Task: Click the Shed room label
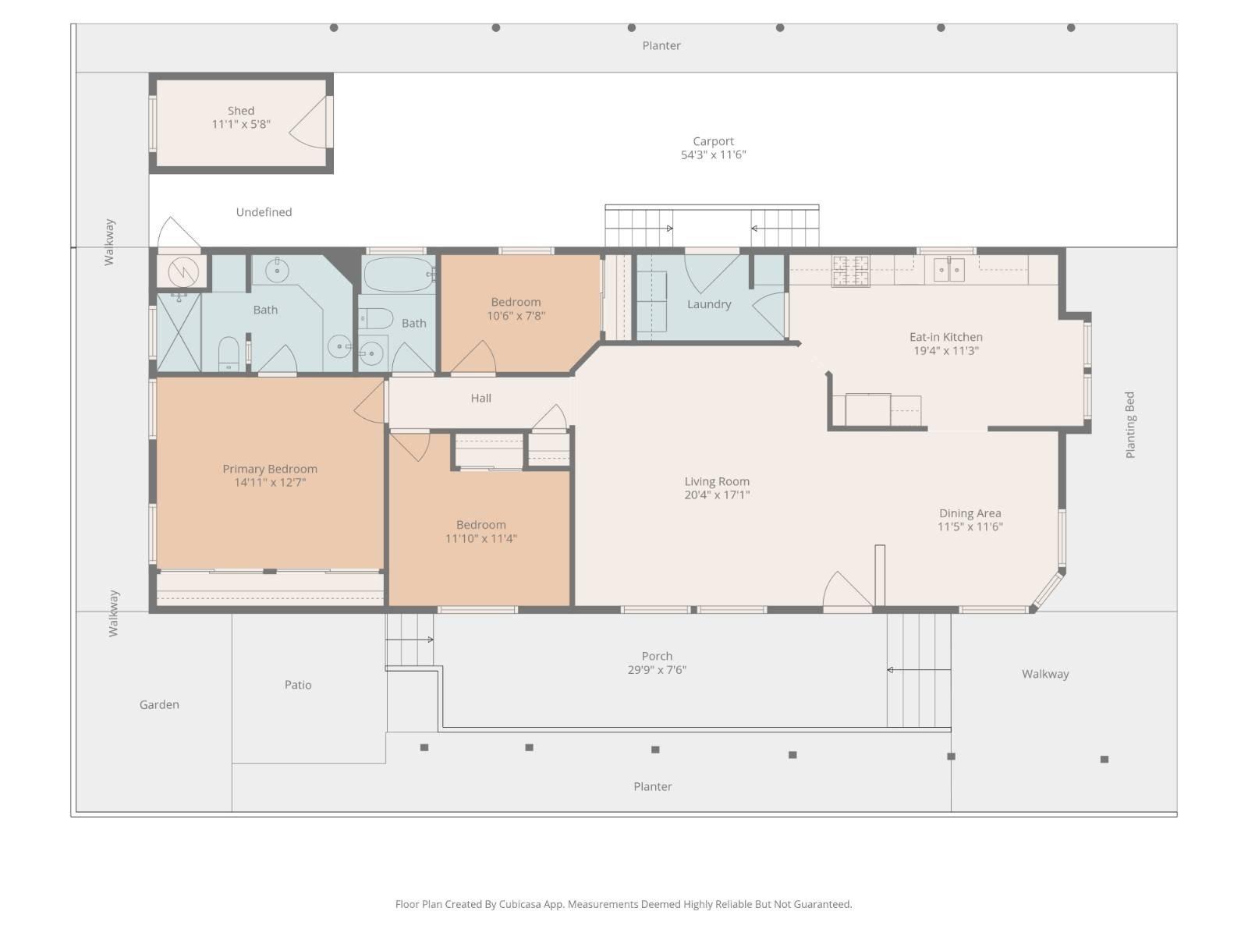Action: tap(240, 111)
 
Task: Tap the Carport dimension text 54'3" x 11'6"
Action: tap(713, 154)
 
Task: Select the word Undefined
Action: tap(264, 212)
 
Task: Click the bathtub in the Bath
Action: tap(398, 274)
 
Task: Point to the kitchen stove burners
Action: tap(850, 271)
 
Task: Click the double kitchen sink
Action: tap(949, 269)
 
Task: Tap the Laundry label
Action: tap(708, 305)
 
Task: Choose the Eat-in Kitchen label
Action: tap(945, 337)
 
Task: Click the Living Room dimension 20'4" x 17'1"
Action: tap(716, 495)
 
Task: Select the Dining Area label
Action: tap(970, 513)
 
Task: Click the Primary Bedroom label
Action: tap(270, 470)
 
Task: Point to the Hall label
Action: tap(480, 399)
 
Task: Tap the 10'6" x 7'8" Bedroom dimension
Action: tap(516, 316)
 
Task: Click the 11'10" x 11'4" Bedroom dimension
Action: tap(480, 539)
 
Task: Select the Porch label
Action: tap(657, 657)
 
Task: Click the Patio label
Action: tap(297, 685)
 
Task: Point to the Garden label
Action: tap(159, 704)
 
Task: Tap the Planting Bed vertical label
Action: tap(1129, 424)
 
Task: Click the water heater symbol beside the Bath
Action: tap(183, 272)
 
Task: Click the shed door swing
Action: tap(308, 122)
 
